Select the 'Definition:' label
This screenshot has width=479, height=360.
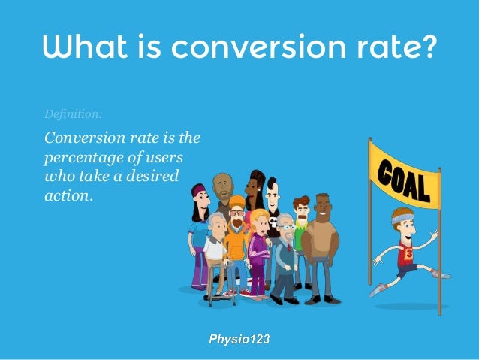tap(73, 114)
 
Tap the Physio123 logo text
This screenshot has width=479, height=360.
tap(239, 339)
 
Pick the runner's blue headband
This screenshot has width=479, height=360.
tap(404, 218)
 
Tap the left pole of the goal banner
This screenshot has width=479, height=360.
tap(369, 218)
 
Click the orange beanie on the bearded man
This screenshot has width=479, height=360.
tap(236, 201)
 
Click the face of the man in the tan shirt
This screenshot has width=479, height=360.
tap(322, 205)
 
